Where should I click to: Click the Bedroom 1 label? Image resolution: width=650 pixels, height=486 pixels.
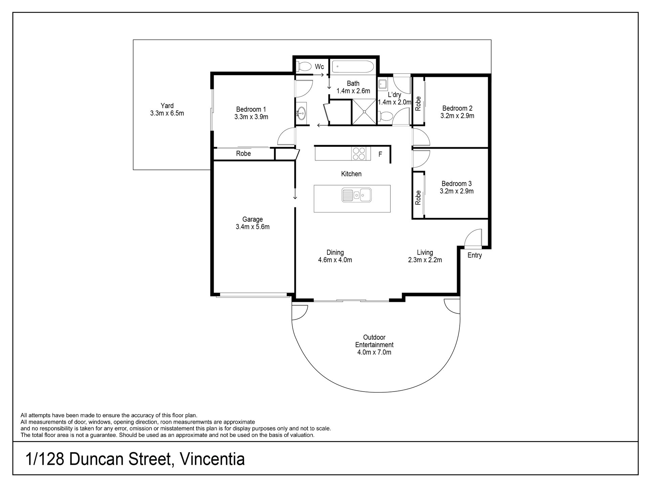tap(251, 109)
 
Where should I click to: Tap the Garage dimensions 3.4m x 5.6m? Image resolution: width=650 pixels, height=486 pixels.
tap(253, 227)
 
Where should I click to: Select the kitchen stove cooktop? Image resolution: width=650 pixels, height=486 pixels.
tap(359, 153)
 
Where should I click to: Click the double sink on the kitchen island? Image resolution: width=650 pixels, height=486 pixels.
tap(356, 195)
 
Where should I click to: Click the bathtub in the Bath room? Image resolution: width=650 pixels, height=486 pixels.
tap(353, 67)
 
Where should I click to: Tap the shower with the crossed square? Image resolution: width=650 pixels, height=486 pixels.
tap(364, 112)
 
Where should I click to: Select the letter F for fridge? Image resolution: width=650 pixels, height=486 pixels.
tap(380, 154)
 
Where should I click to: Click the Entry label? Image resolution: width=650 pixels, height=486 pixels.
tap(474, 256)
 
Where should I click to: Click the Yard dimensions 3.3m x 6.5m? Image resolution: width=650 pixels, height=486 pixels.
tap(167, 113)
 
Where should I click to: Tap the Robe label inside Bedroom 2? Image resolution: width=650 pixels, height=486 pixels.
tap(418, 104)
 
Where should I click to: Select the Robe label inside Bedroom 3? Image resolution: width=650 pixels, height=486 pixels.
tap(418, 198)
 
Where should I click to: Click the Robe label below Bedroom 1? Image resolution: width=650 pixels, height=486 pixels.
tap(243, 154)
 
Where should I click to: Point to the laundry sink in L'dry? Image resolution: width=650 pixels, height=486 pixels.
tap(383, 83)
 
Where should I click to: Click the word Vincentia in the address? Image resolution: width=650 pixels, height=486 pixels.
tap(212, 460)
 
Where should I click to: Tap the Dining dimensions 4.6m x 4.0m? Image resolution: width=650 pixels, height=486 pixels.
tap(335, 260)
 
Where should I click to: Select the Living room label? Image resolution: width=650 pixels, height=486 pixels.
tap(425, 252)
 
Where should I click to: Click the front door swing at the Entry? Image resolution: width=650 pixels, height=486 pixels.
tap(473, 237)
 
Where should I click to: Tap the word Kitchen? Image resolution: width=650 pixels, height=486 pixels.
tap(351, 174)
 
